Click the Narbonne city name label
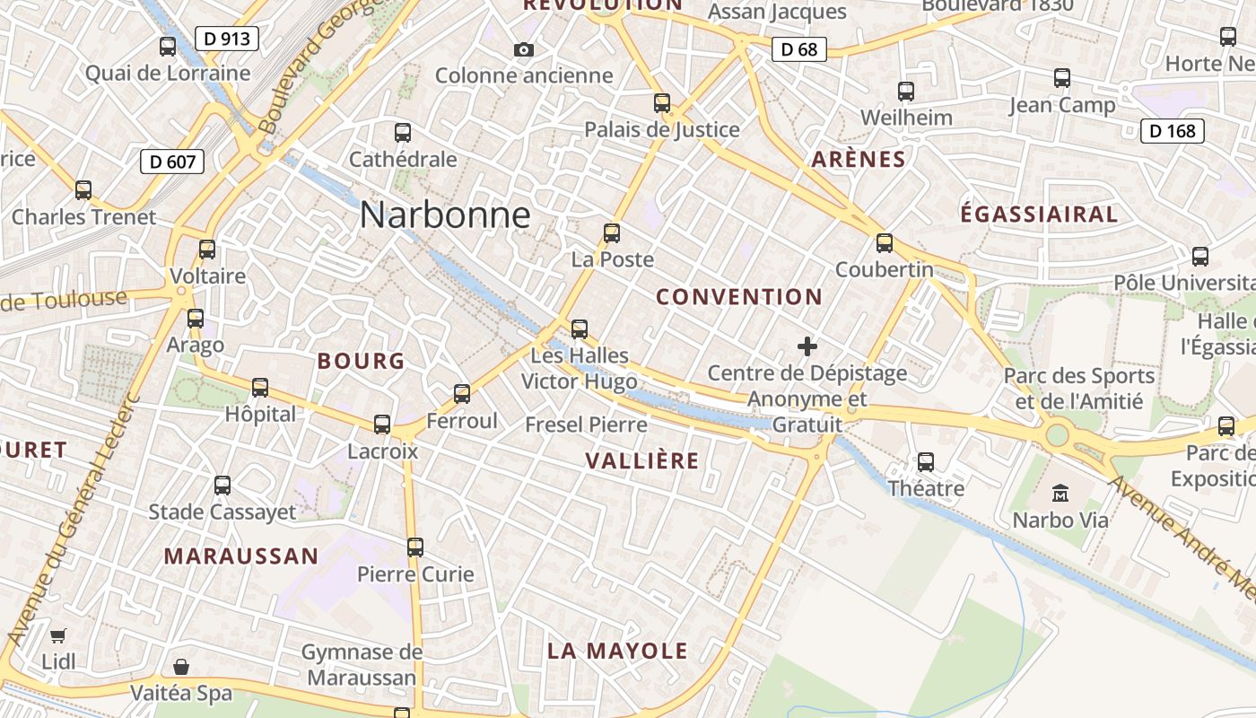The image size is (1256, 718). coord(445,215)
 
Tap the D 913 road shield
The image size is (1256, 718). coord(226,39)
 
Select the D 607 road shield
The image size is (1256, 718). coord(172,162)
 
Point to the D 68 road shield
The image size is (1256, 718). coord(798,49)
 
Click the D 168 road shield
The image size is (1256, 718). coord(1172,131)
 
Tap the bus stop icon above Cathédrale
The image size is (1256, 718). coord(403,133)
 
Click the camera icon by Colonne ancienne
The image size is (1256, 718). coord(524,50)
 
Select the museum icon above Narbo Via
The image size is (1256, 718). coord(1060,493)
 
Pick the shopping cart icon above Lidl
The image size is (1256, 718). coord(58,636)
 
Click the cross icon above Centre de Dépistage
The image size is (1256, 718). coord(807,346)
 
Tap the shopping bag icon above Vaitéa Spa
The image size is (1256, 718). coord(181,667)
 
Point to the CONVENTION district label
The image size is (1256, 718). coord(738,297)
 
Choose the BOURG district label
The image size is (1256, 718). coord(361,361)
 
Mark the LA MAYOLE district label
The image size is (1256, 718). coord(617,651)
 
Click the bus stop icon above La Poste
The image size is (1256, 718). coord(612,233)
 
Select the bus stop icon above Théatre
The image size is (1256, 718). coord(926,462)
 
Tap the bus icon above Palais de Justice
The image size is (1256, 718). coord(662,103)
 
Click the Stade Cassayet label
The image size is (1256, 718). coord(222,512)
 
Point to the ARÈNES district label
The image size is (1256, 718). coord(858,160)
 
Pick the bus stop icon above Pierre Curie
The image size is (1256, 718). coord(414,547)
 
